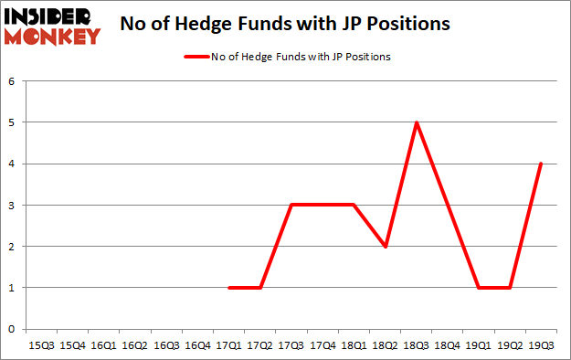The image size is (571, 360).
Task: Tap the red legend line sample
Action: point(196,57)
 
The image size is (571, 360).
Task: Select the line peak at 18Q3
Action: point(417,122)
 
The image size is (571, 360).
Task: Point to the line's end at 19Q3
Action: point(542,164)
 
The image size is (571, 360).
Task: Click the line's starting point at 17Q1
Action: point(229,288)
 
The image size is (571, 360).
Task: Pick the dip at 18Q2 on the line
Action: point(385,247)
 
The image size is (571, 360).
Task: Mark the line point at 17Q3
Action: point(291,205)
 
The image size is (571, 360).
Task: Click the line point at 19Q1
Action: point(479,288)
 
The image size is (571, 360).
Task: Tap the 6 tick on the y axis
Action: point(13,81)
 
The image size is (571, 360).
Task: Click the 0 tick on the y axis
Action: point(13,329)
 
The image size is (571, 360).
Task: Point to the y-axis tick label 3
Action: point(13,206)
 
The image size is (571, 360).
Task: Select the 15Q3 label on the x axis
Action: point(42,346)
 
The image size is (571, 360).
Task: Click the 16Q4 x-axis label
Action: point(198,346)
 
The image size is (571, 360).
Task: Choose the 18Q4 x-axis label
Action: point(448,346)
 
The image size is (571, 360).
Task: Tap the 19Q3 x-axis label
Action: point(542,346)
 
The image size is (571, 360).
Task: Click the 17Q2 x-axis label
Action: point(260,346)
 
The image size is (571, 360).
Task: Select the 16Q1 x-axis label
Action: point(104,346)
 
